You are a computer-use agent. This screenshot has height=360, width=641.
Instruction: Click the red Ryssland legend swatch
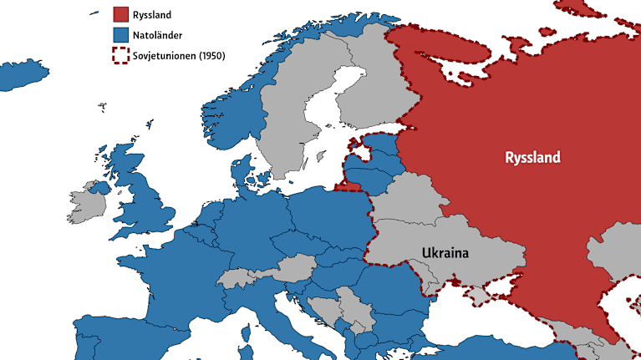pos(121,14)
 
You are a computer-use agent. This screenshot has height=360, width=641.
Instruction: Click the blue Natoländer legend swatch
pos(121,35)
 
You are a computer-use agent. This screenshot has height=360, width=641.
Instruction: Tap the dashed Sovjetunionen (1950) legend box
pos(121,56)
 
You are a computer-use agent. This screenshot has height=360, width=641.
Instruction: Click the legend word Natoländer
pos(164,35)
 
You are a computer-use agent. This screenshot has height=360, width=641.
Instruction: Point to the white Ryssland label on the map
pos(532,157)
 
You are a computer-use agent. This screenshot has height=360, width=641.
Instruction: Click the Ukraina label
pos(445,253)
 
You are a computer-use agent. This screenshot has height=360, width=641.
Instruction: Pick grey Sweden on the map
pos(284,125)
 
